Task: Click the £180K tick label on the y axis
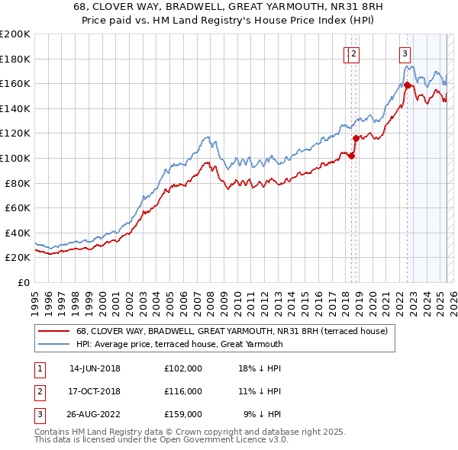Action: pos(15,59)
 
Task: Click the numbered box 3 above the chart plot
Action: pos(404,53)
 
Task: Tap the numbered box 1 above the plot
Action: pos(347,53)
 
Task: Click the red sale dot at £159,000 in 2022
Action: pos(407,85)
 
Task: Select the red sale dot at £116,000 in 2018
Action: pos(356,138)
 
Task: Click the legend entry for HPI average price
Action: pos(179,344)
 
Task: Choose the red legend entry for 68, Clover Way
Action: pos(232,331)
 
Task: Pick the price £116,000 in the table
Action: pos(183,391)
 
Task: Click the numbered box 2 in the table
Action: pos(39,391)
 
